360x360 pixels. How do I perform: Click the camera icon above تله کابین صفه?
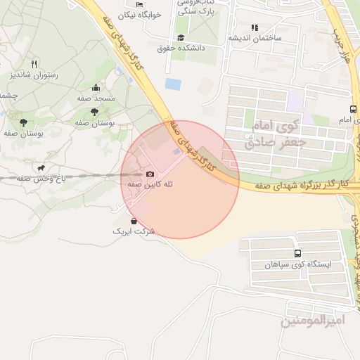pos(149,174)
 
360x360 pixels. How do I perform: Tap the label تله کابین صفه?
pos(150,184)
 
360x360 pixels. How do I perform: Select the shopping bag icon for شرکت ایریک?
pos(134,221)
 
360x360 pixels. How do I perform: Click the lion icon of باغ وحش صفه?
pos(41,168)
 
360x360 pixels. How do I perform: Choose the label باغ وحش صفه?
pos(42,179)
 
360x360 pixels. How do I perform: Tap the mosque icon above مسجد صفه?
pos(96,88)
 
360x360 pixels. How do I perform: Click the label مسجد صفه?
pos(96,99)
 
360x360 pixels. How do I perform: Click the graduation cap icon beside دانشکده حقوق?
pos(181,37)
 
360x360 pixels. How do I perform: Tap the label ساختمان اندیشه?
pos(255,38)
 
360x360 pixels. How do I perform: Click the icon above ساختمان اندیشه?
pos(255,27)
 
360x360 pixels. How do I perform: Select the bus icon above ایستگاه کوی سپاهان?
pos(297,253)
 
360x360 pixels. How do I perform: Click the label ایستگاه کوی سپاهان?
pos(297,264)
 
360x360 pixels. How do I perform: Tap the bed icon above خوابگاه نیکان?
pos(139,4)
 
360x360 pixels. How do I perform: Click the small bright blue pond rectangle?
pos(172,84)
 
